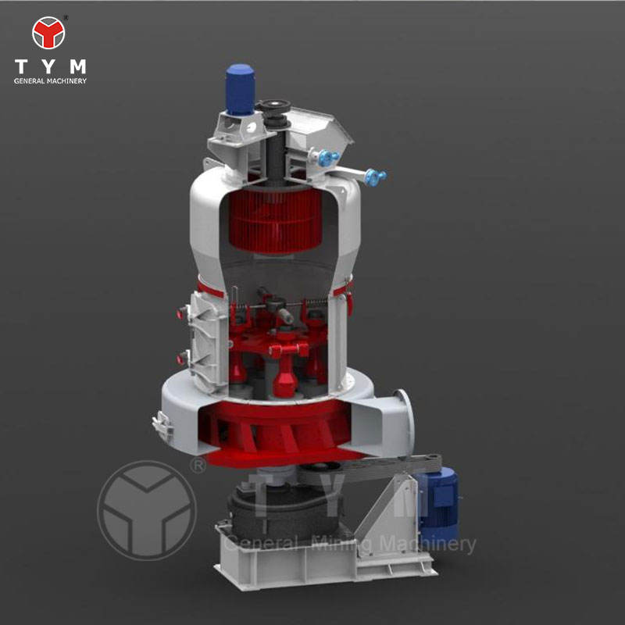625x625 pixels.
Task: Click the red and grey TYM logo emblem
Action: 48,33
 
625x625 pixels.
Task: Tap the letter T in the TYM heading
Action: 21,66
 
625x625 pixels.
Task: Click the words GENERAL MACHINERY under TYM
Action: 50,81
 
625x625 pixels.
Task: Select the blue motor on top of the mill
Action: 240,89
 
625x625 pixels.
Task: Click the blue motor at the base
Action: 437,503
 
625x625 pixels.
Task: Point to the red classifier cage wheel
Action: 276,220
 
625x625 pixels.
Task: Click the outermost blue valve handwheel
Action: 375,177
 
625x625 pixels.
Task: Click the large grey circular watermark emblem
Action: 147,510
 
